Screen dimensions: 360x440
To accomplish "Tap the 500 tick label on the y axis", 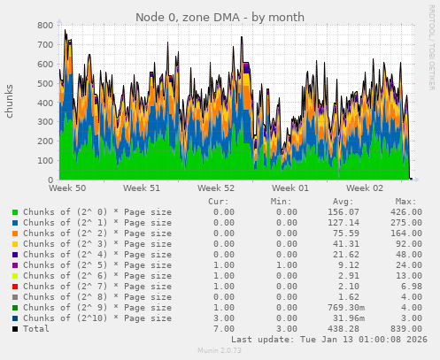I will click(42, 84).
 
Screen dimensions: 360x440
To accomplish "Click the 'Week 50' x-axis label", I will click(67, 188).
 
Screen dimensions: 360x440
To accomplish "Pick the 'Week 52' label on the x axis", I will click(216, 188).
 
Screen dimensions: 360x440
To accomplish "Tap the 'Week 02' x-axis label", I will click(365, 188).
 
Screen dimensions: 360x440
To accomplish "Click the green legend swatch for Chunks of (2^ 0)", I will click(15, 213).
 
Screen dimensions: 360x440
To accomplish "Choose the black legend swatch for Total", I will click(15, 328).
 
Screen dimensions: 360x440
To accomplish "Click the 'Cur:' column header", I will click(220, 202).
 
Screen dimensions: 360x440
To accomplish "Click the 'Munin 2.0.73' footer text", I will click(219, 352).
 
